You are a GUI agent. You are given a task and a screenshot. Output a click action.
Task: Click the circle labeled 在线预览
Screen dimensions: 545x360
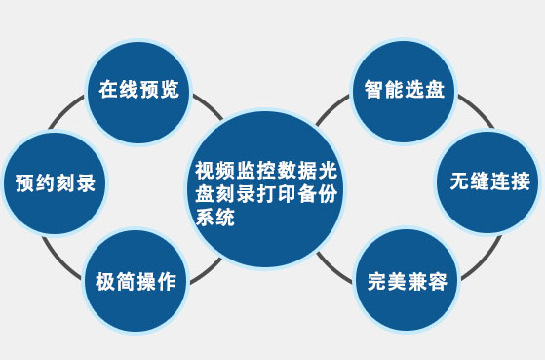[138, 91]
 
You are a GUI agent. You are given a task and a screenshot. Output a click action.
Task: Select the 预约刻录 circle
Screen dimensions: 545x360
[55, 182]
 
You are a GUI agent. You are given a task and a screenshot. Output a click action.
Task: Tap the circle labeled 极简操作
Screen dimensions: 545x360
[136, 281]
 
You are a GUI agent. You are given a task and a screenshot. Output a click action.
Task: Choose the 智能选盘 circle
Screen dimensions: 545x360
[405, 91]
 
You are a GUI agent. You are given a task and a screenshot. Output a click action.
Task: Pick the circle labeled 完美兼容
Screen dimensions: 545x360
[408, 282]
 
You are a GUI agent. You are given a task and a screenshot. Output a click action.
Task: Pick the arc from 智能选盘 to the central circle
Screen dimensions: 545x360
[340, 104]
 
